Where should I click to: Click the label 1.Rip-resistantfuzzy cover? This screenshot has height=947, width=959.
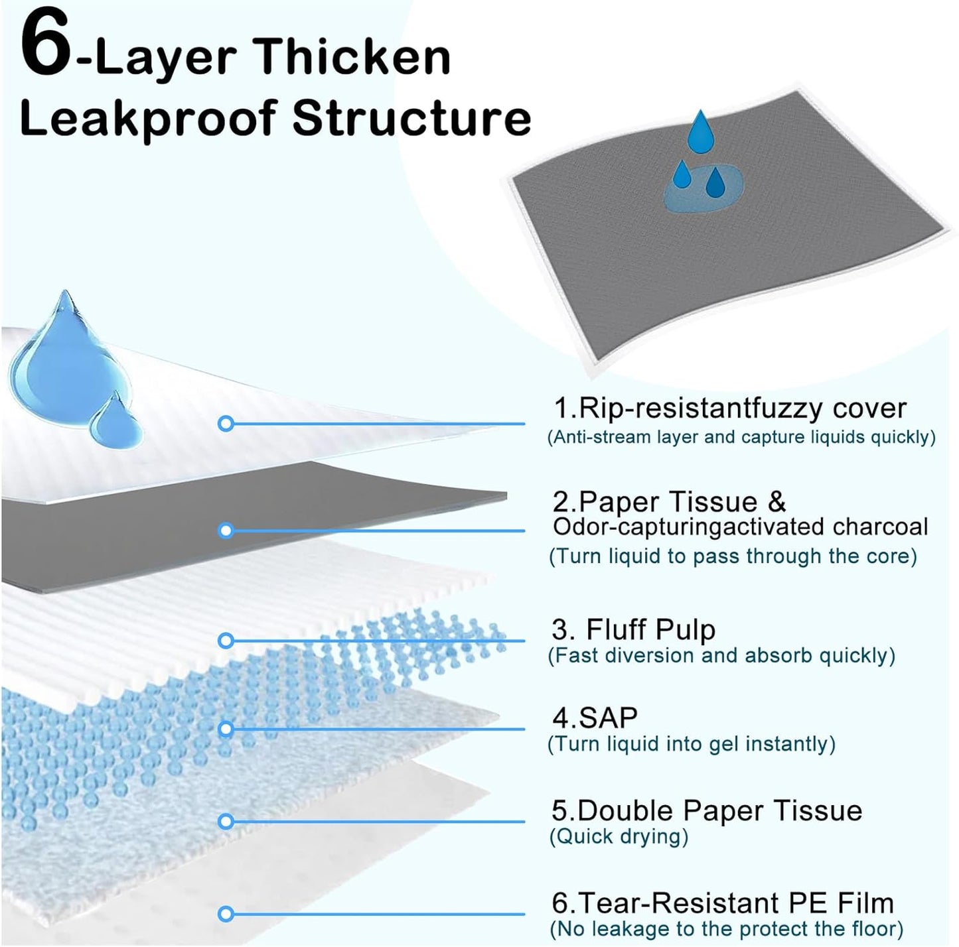tap(729, 408)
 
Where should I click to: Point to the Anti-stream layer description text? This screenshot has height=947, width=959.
tap(741, 437)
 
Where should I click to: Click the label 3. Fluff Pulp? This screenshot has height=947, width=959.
tap(633, 629)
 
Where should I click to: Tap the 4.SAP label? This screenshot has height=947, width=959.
tap(595, 718)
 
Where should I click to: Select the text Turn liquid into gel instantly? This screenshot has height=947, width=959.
tap(691, 744)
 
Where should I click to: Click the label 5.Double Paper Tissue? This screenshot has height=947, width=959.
tap(706, 810)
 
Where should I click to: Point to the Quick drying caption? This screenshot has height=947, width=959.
tap(619, 836)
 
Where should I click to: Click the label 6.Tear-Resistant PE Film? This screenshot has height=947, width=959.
tap(722, 903)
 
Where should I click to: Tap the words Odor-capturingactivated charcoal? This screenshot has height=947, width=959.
tap(740, 527)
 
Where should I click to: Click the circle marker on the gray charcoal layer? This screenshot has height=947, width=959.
tap(226, 531)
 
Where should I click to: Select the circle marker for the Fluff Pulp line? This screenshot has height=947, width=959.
tap(226, 640)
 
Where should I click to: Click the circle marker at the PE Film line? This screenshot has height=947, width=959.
tap(226, 914)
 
